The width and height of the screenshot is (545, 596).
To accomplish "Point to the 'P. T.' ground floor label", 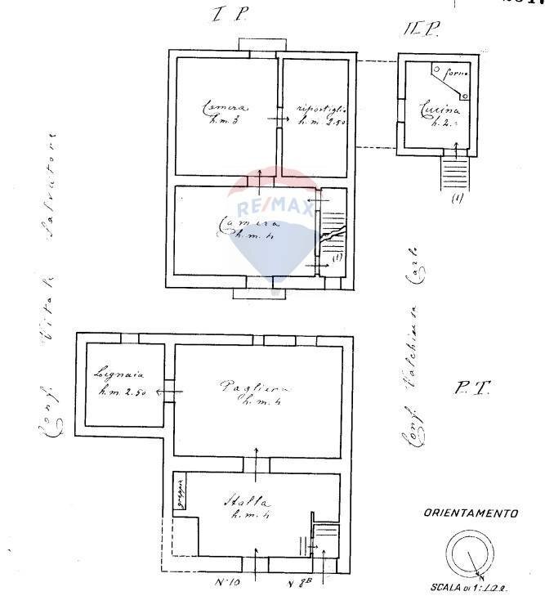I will click(471, 390).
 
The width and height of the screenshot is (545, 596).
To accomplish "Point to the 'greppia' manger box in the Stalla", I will click(180, 493).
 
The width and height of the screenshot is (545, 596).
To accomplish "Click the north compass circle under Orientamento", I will click(470, 553).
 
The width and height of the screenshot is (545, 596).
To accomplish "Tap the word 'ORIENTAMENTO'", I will click(471, 514).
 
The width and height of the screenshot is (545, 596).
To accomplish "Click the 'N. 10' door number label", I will click(226, 583).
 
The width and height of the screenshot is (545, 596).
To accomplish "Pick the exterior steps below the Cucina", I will click(455, 172).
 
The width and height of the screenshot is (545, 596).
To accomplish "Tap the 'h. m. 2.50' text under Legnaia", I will click(122, 392).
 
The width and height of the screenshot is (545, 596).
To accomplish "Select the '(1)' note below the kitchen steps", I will click(457, 198).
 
